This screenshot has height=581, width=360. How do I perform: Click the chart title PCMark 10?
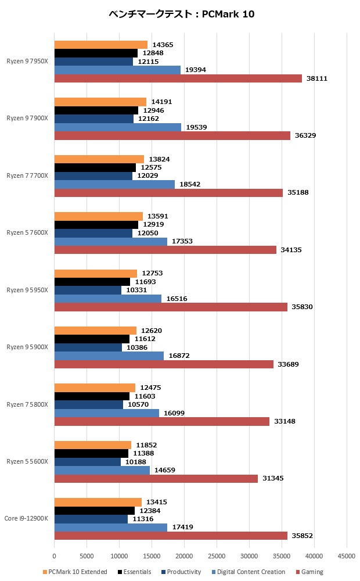point(181,14)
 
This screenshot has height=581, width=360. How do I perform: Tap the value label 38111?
point(316,78)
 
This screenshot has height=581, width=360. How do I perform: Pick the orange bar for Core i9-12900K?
point(98,502)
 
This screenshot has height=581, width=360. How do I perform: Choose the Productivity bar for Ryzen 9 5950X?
point(88,290)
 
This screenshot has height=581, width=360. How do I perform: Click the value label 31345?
point(272,479)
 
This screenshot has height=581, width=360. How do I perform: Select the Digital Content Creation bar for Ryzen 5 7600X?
point(111,242)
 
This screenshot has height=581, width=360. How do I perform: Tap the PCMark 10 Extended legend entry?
point(75,572)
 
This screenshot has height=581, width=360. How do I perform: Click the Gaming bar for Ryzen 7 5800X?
point(162,421)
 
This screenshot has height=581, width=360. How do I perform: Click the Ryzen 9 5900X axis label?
point(27,347)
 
